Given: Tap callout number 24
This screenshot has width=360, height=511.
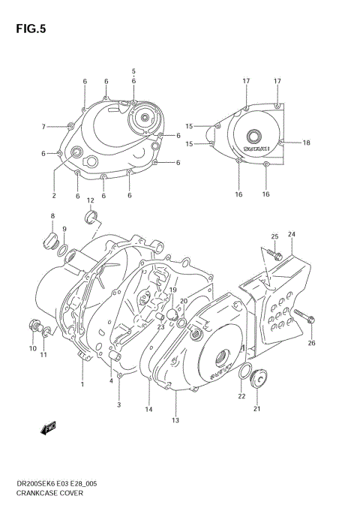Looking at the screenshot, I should (291, 234).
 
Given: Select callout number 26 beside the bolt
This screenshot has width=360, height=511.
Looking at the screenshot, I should (311, 344).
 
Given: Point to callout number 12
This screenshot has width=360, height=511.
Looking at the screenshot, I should (90, 200).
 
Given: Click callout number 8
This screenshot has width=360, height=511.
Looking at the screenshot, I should (52, 216).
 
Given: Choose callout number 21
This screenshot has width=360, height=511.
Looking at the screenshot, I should (257, 409).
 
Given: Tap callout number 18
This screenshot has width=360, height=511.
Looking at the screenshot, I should (306, 142).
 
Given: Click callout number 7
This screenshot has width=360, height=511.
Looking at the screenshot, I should (43, 126).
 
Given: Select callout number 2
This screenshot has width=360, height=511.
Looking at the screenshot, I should (54, 196).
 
